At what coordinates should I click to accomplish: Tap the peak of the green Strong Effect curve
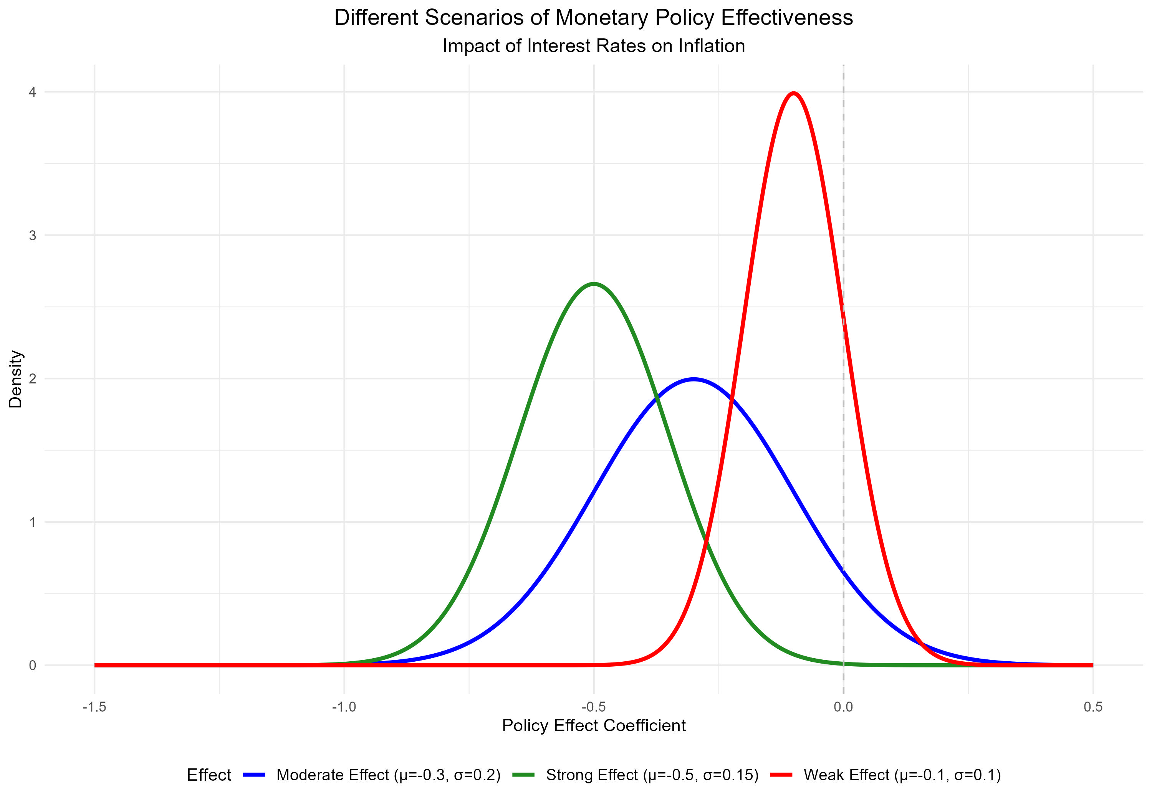594,284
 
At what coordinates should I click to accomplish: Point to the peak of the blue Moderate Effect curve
694,379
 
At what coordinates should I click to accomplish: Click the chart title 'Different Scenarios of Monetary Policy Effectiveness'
594,18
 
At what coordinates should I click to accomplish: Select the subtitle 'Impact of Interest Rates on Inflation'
594,46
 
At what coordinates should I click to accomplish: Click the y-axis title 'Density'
16,379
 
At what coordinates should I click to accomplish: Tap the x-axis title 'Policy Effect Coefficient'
594,726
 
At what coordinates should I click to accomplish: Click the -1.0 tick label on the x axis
344,707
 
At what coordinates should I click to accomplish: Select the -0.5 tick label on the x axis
594,707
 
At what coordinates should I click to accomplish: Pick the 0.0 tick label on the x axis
843,707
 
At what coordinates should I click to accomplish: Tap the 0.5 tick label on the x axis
1093,707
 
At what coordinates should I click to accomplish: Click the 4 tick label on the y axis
33,92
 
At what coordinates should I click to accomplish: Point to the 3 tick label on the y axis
33,236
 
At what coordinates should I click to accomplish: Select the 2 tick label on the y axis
33,379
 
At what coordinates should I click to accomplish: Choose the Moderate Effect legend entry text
388,775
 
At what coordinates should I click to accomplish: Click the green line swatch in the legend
523,775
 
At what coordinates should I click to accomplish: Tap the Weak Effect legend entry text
902,775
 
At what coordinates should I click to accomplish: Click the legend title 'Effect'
209,775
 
